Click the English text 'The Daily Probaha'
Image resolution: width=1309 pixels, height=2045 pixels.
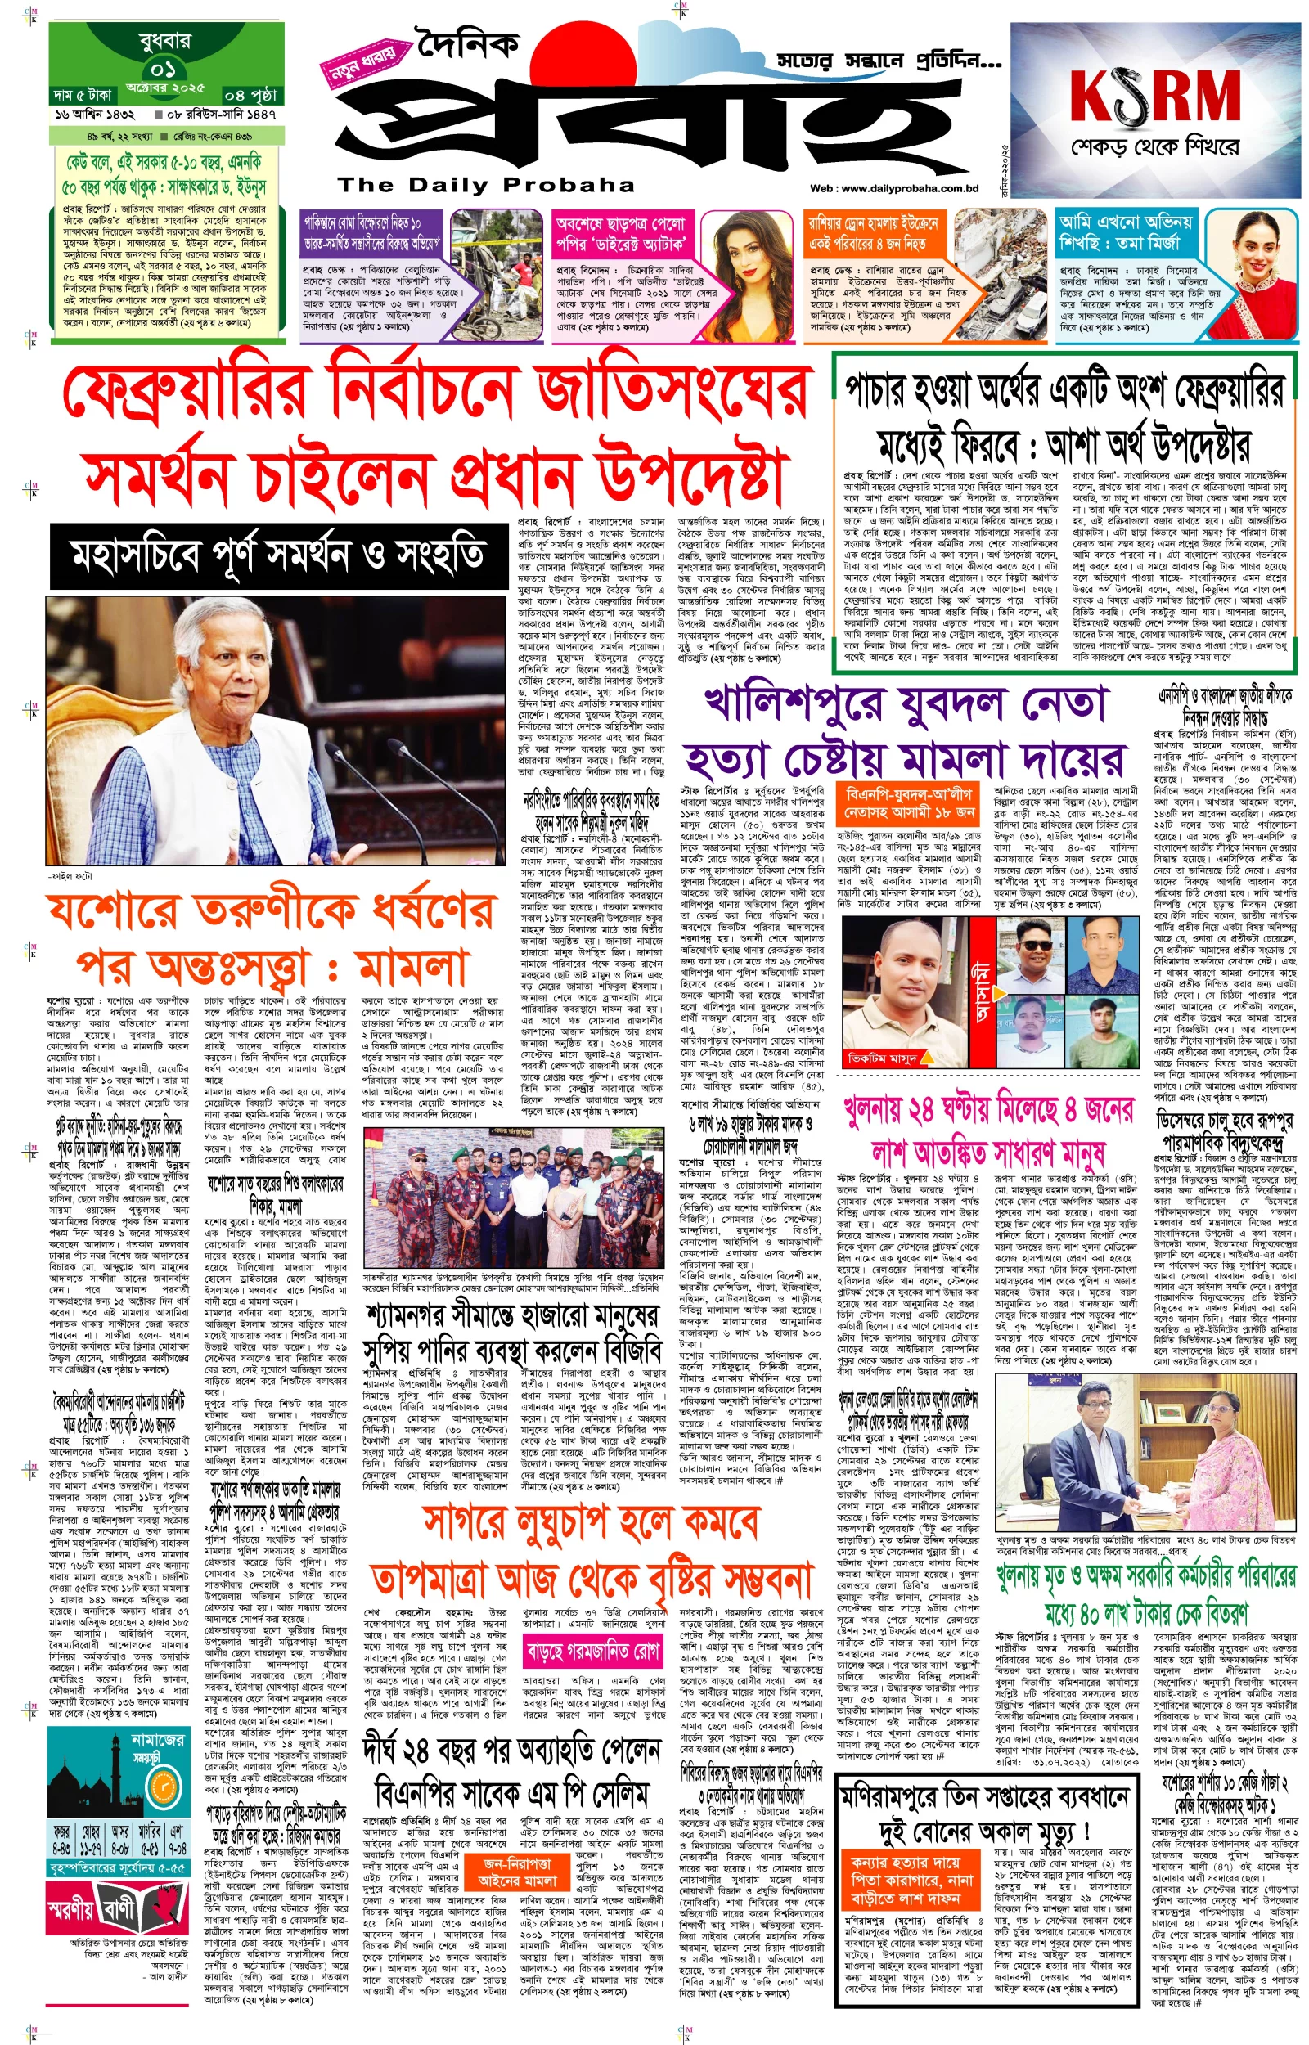pyautogui.click(x=485, y=185)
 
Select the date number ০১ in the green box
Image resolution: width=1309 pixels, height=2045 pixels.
pyautogui.click(x=165, y=68)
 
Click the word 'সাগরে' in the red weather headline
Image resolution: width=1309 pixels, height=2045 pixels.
pyautogui.click(x=470, y=1524)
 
